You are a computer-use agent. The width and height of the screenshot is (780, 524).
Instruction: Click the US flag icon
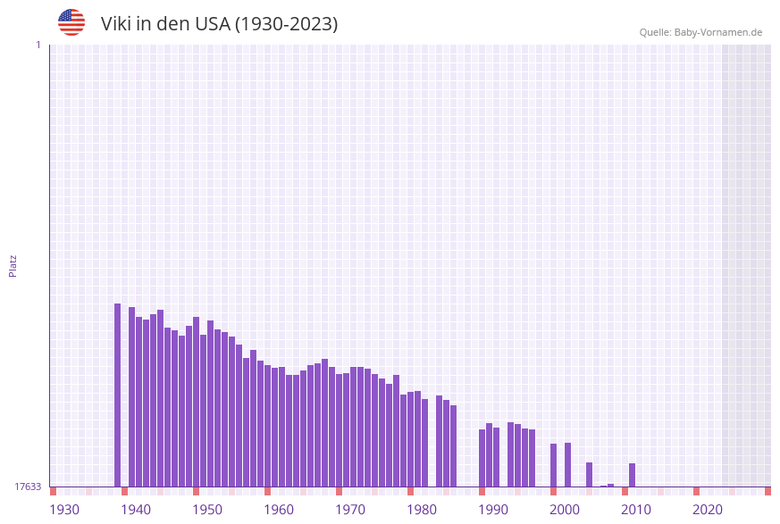click(x=71, y=22)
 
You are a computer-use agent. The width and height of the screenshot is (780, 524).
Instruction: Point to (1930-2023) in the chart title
click(x=286, y=24)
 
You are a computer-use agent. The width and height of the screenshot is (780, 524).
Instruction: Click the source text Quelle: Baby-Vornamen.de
click(x=700, y=32)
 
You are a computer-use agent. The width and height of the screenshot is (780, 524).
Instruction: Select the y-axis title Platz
click(x=13, y=265)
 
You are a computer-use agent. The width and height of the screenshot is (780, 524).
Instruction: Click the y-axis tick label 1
click(x=38, y=45)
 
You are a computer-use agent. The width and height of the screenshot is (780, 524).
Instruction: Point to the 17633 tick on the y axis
click(x=28, y=487)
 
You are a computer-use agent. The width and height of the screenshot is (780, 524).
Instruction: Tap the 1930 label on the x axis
click(x=64, y=510)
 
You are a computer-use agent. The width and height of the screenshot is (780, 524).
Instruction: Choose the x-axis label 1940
click(x=136, y=510)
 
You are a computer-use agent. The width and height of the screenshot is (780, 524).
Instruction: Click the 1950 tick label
click(x=207, y=510)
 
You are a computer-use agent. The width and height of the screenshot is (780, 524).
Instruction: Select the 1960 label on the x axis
click(x=279, y=510)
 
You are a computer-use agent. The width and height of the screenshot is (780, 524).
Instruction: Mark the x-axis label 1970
click(x=350, y=510)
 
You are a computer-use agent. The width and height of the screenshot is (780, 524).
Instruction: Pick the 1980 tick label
click(x=422, y=510)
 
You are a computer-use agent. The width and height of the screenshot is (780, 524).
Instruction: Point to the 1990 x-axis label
click(x=493, y=510)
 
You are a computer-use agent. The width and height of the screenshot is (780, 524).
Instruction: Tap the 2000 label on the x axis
click(x=565, y=510)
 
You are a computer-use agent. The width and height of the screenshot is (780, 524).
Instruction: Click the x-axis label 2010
click(x=636, y=510)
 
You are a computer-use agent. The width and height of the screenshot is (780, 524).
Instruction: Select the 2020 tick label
click(x=708, y=510)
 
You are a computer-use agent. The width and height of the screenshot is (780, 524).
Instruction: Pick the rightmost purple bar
click(x=632, y=475)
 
